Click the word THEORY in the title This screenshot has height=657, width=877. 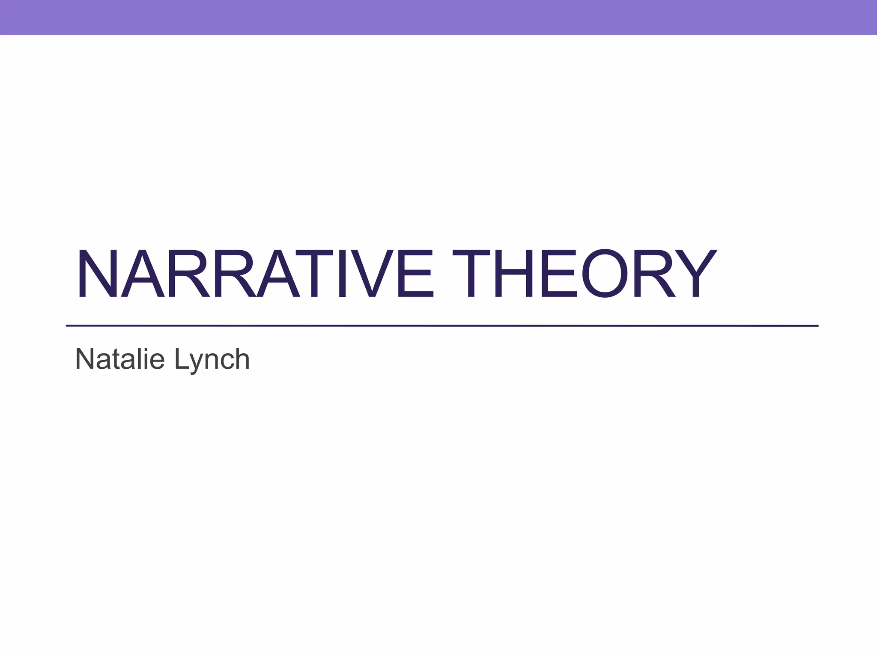(584, 273)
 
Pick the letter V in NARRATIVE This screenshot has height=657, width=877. (372, 273)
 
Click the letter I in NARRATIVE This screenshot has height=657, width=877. (341, 273)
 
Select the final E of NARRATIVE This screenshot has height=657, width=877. (415, 273)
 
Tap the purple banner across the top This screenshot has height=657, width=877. (438, 17)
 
